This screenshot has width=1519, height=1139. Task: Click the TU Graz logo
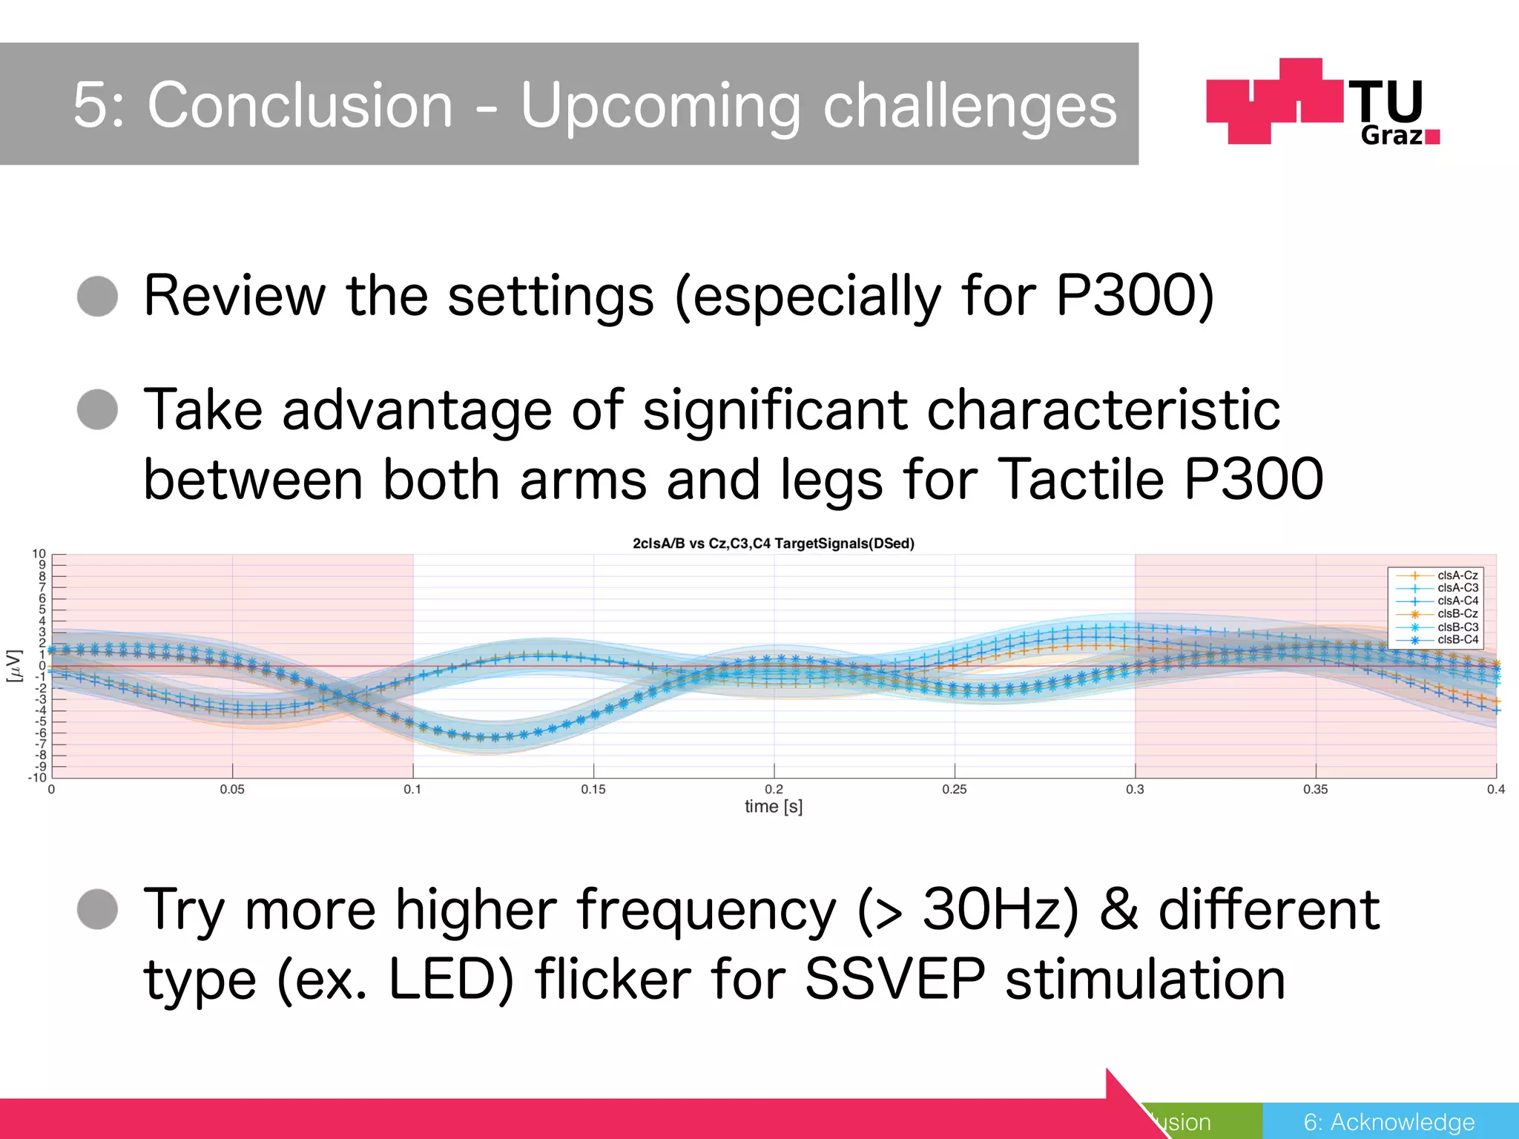[1322, 102]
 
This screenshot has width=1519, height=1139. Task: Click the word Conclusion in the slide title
[300, 105]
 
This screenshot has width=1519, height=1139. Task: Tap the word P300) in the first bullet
[1135, 296]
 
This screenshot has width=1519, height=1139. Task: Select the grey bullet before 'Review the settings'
[97, 297]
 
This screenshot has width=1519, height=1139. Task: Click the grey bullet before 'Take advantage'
[97, 409]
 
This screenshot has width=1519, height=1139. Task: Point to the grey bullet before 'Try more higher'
[97, 909]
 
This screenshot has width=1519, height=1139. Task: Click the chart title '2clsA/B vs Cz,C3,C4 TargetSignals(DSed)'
[773, 544]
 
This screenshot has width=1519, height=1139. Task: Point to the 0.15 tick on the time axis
[593, 790]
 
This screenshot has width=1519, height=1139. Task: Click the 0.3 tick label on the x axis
[1135, 790]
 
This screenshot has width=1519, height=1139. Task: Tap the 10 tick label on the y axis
[39, 554]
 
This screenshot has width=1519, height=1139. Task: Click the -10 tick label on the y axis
[36, 777]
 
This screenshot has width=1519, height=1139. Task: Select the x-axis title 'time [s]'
[773, 807]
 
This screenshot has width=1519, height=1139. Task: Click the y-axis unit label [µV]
[13, 666]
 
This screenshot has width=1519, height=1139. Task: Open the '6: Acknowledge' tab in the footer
[1389, 1122]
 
